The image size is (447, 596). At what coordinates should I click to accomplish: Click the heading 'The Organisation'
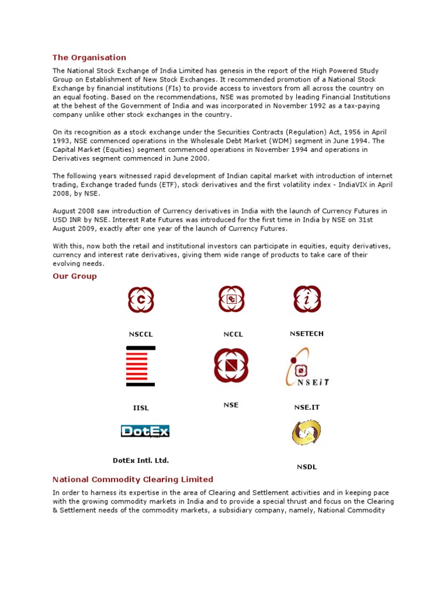tap(89, 58)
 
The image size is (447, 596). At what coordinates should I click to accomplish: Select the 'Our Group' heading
tap(74, 276)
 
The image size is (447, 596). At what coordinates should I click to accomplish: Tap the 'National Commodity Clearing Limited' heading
tap(133, 480)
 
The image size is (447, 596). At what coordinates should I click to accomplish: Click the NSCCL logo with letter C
tap(141, 300)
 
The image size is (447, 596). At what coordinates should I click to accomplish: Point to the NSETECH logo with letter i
tap(307, 299)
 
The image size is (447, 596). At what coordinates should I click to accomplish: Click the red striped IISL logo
tap(141, 366)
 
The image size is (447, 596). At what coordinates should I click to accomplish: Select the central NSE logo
tap(231, 366)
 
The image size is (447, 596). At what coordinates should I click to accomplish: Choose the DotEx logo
tap(145, 431)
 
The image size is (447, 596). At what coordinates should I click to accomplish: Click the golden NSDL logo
tap(306, 433)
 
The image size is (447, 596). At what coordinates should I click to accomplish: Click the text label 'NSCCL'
tap(141, 335)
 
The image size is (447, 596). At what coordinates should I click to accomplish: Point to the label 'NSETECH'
tap(307, 334)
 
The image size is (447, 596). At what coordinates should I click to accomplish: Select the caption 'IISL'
tap(141, 408)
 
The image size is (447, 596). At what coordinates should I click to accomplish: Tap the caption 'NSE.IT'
tap(307, 407)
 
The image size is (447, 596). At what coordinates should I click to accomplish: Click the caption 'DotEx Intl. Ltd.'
tap(141, 460)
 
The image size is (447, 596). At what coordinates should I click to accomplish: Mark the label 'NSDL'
tap(307, 467)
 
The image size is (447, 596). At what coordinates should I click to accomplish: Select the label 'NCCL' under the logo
tap(233, 335)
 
